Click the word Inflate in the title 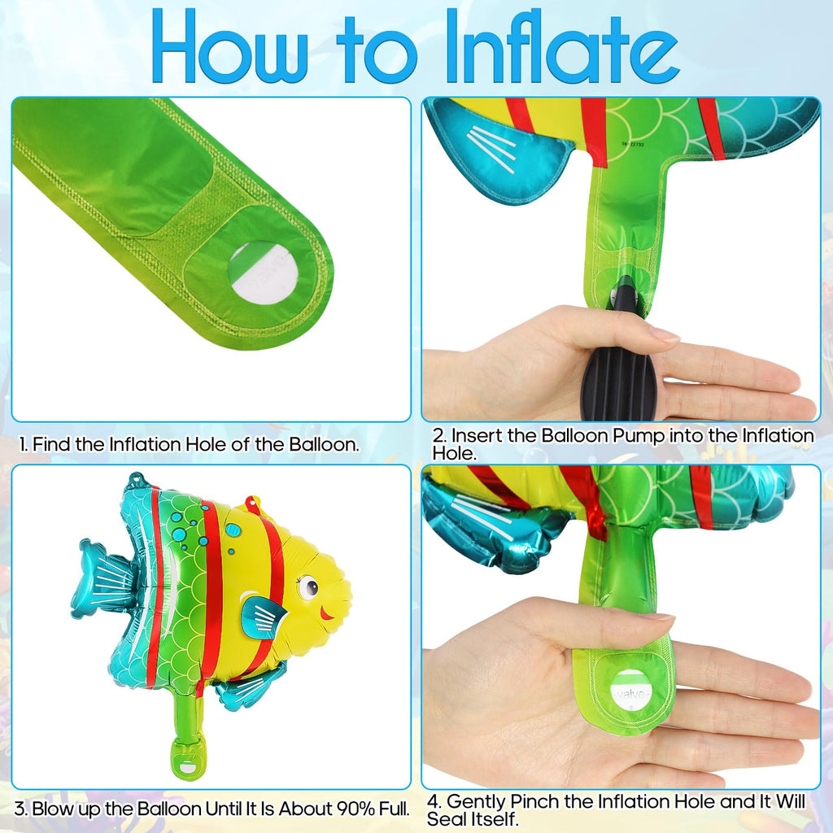click(561, 46)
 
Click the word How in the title click(229, 46)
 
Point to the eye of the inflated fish click(308, 587)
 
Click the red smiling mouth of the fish click(325, 615)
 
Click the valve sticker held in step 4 click(631, 691)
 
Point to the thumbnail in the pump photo click(664, 334)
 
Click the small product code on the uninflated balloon click(633, 144)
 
